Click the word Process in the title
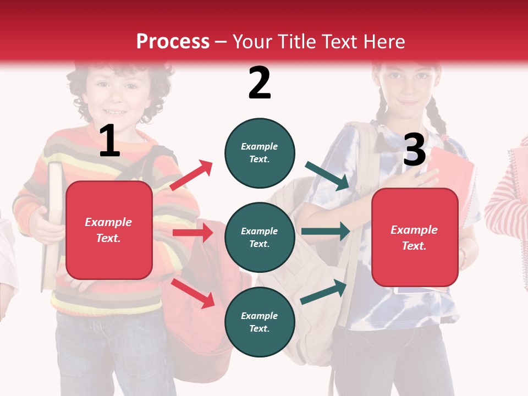[173, 42]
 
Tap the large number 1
[109, 141]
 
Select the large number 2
[260, 83]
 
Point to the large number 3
[414, 150]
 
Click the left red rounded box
[109, 230]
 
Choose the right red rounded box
[415, 238]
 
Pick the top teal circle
[260, 153]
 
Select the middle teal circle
[260, 237]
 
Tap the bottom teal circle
[260, 322]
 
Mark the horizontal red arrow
[193, 233]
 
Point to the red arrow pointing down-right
[193, 293]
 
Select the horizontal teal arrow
[326, 232]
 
